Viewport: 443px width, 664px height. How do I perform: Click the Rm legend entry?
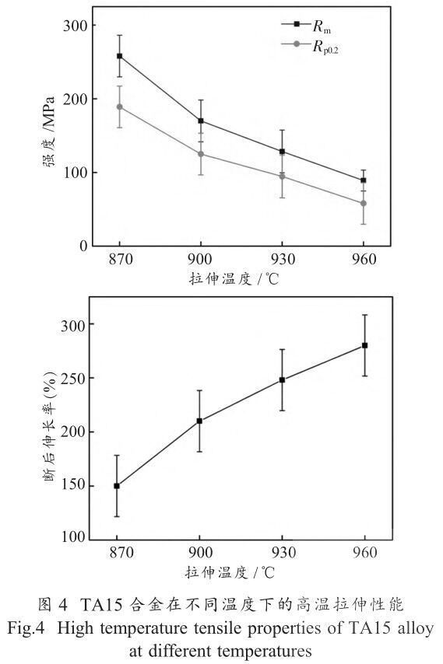pos(306,26)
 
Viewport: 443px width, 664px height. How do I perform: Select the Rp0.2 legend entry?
pos(310,45)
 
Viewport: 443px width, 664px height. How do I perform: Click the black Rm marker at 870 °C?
pos(120,56)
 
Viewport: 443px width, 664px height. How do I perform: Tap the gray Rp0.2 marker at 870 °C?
pos(120,107)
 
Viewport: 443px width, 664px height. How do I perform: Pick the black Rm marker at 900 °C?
pos(201,121)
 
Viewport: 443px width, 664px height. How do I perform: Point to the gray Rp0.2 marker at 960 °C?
pos(364,203)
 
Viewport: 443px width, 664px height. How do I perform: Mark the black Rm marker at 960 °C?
pos(364,180)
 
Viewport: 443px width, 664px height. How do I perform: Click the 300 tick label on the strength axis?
pos(75,26)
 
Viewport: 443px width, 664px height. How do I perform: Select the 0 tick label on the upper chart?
pos(83,246)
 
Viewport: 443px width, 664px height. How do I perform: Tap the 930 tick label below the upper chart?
pos(282,259)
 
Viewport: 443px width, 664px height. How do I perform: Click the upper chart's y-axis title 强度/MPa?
pos(49,132)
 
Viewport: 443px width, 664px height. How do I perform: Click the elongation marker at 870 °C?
pos(117,486)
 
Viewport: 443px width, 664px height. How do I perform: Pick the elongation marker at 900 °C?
pos(199,421)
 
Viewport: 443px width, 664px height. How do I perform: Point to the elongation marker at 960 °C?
pos(364,345)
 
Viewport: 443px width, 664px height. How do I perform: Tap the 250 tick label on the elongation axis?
pos(73,378)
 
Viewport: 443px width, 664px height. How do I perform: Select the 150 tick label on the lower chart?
pos(73,485)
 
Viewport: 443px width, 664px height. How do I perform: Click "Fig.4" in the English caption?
pos(26,629)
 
